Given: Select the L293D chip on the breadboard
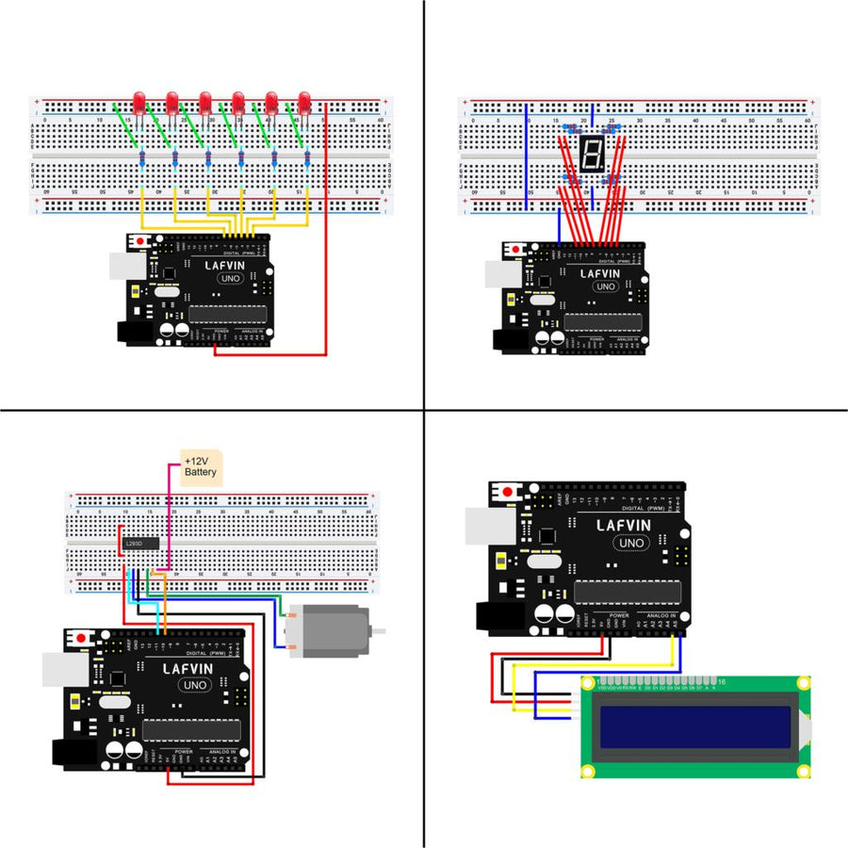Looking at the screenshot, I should pyautogui.click(x=138, y=543).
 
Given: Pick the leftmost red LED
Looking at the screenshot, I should pyautogui.click(x=139, y=101).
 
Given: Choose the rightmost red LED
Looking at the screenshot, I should pyautogui.click(x=304, y=101).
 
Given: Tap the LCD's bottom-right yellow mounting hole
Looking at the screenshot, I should pyautogui.click(x=804, y=772).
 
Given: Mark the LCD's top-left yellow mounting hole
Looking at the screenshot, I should pyautogui.click(x=588, y=683).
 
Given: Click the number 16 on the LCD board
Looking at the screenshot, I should pyautogui.click(x=721, y=681).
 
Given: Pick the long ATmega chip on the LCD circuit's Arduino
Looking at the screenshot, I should pyautogui.click(x=628, y=592).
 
